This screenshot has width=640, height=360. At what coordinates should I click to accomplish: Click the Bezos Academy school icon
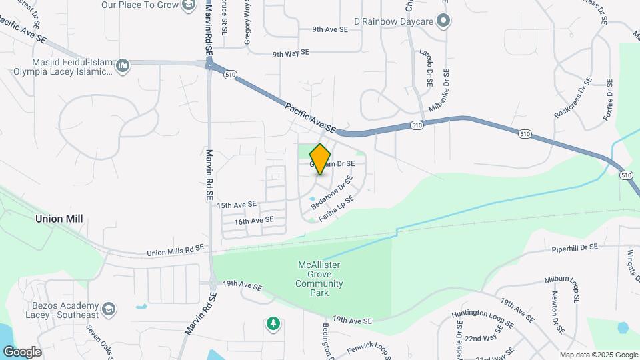pos(109,309)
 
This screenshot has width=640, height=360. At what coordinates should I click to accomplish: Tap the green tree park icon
pos(272,324)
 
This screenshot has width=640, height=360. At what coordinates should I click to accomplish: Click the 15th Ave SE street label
pos(237,205)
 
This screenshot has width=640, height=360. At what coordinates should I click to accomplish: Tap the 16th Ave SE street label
pos(254,220)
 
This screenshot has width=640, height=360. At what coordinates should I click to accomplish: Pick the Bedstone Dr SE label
pos(331,193)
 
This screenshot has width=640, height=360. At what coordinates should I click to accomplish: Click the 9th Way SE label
pos(291,53)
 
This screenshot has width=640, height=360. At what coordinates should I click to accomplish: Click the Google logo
pos(22,352)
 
